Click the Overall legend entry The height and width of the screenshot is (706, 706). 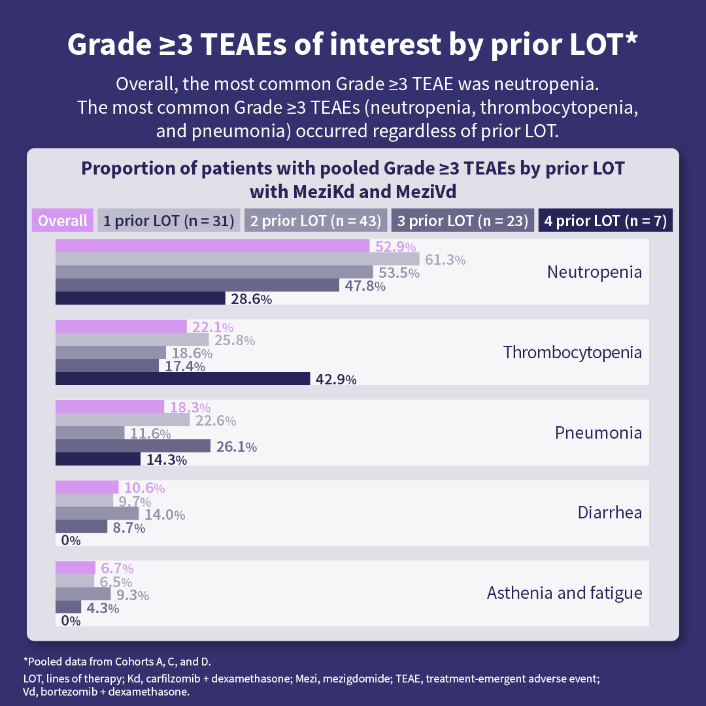click(x=63, y=221)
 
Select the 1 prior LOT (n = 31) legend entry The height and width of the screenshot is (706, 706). click(x=169, y=221)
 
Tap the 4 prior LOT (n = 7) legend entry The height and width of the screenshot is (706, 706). click(x=605, y=221)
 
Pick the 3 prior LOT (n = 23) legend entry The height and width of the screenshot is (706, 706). click(x=463, y=221)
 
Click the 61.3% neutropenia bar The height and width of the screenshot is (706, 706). click(x=237, y=259)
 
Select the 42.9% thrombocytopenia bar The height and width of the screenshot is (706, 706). click(x=182, y=379)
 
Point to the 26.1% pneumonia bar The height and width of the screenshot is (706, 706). click(x=133, y=446)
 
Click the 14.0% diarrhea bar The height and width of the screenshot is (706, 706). click(x=97, y=514)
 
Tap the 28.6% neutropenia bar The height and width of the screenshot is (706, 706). click(x=141, y=299)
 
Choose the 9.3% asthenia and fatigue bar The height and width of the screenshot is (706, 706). click(x=83, y=594)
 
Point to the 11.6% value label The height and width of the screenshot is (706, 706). click(x=150, y=433)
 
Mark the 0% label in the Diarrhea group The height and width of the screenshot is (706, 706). click(x=70, y=541)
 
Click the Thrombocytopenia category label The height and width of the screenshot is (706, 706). click(x=573, y=352)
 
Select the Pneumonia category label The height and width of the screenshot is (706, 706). click(x=598, y=433)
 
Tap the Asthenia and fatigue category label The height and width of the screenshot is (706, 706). click(x=564, y=594)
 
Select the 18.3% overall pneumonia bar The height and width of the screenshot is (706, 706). click(x=110, y=407)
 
